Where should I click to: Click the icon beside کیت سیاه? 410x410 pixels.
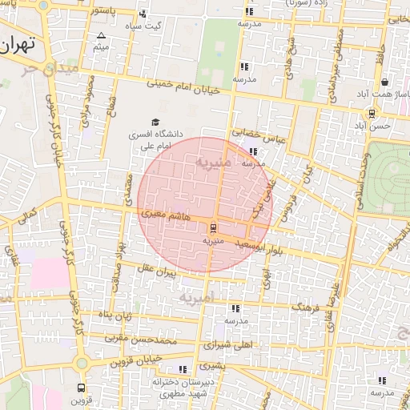pos(143,14)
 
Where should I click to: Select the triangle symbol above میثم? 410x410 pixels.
pos(101,35)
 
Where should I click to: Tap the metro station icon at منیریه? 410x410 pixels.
pos(212,227)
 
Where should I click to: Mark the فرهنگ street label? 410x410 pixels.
pos(305,307)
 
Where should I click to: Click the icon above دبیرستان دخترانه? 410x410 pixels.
pos(183,369)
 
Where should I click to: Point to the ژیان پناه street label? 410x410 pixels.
pos(115,316)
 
